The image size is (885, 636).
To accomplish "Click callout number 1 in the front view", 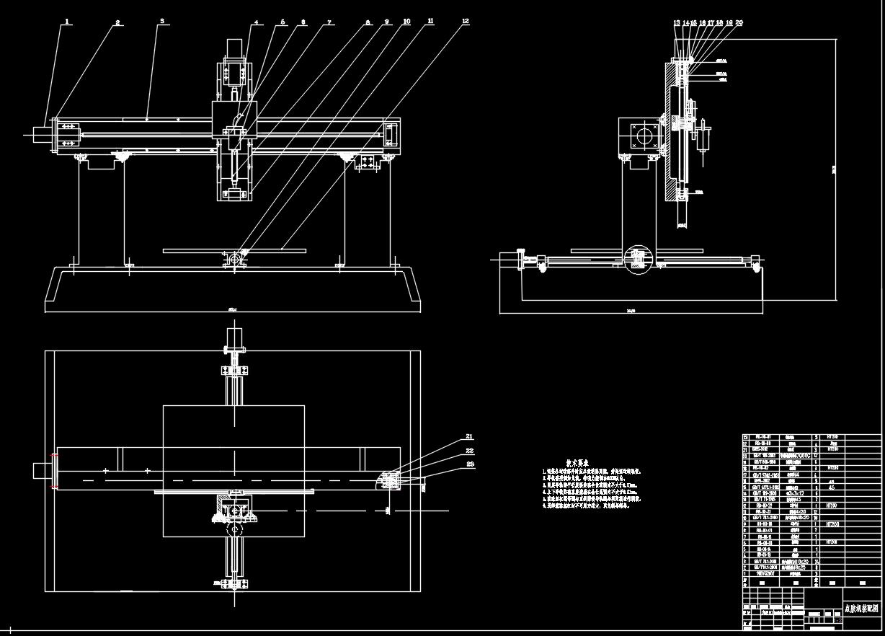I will click(x=67, y=22).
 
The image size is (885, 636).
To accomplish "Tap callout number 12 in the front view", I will click(x=466, y=22).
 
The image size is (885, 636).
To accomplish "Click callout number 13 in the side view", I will click(x=677, y=23).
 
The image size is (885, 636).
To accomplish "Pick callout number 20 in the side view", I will click(x=739, y=23).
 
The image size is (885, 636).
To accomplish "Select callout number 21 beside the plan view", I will click(x=469, y=437).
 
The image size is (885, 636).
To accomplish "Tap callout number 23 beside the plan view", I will click(x=469, y=464).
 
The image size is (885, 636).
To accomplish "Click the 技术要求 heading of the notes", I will click(x=578, y=464).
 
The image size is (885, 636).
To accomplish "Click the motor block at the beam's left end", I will click(x=40, y=134).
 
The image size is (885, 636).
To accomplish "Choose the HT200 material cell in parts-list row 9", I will click(x=833, y=525).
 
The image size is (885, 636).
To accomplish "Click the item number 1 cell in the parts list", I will click(x=746, y=574).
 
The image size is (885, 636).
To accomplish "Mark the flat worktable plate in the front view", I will click(x=235, y=251).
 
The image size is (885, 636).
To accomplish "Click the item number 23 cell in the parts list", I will click(x=746, y=437).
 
